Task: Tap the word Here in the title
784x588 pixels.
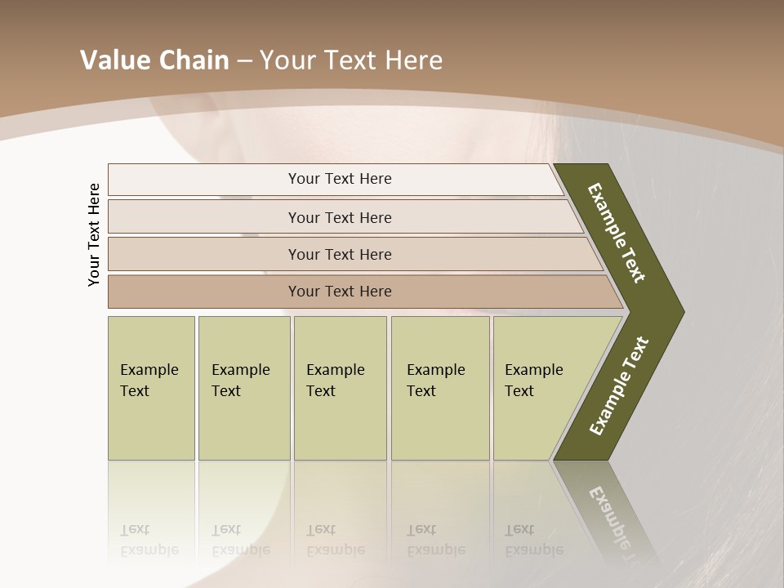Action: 413,60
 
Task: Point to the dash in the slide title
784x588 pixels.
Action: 244,60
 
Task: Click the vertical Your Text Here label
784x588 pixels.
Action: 94,234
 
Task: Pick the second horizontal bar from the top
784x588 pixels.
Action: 339,217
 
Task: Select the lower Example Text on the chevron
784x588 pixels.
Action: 619,386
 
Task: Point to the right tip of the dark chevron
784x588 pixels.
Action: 682,312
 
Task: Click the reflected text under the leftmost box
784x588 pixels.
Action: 150,540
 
